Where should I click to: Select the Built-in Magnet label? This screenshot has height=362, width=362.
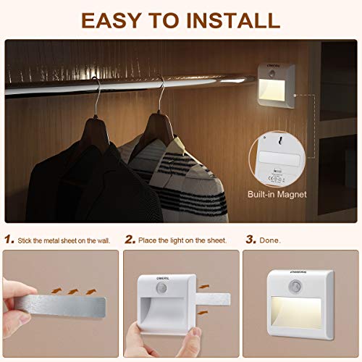[x=277, y=194]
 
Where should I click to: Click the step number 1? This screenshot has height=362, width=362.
[x=9, y=239]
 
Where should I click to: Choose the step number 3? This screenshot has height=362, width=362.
[x=251, y=239]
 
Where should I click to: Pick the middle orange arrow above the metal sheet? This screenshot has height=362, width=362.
[x=74, y=291]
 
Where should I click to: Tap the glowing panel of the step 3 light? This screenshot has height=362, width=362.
[x=298, y=311]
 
